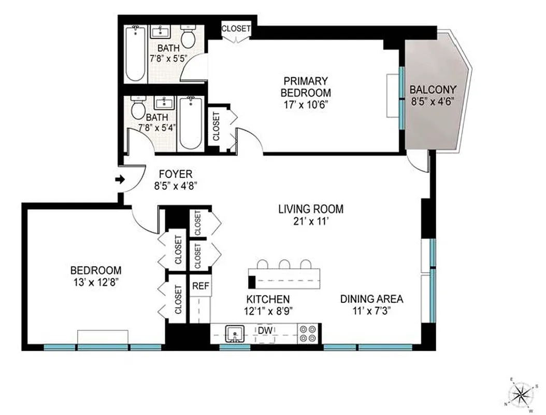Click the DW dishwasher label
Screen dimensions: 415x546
265,330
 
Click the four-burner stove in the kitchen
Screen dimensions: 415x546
308,334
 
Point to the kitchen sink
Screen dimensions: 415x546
235,334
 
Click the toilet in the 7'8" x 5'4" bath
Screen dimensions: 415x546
138,109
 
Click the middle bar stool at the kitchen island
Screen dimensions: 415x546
284,265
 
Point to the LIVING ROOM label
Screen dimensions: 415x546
311,210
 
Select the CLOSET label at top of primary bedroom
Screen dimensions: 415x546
236,29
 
